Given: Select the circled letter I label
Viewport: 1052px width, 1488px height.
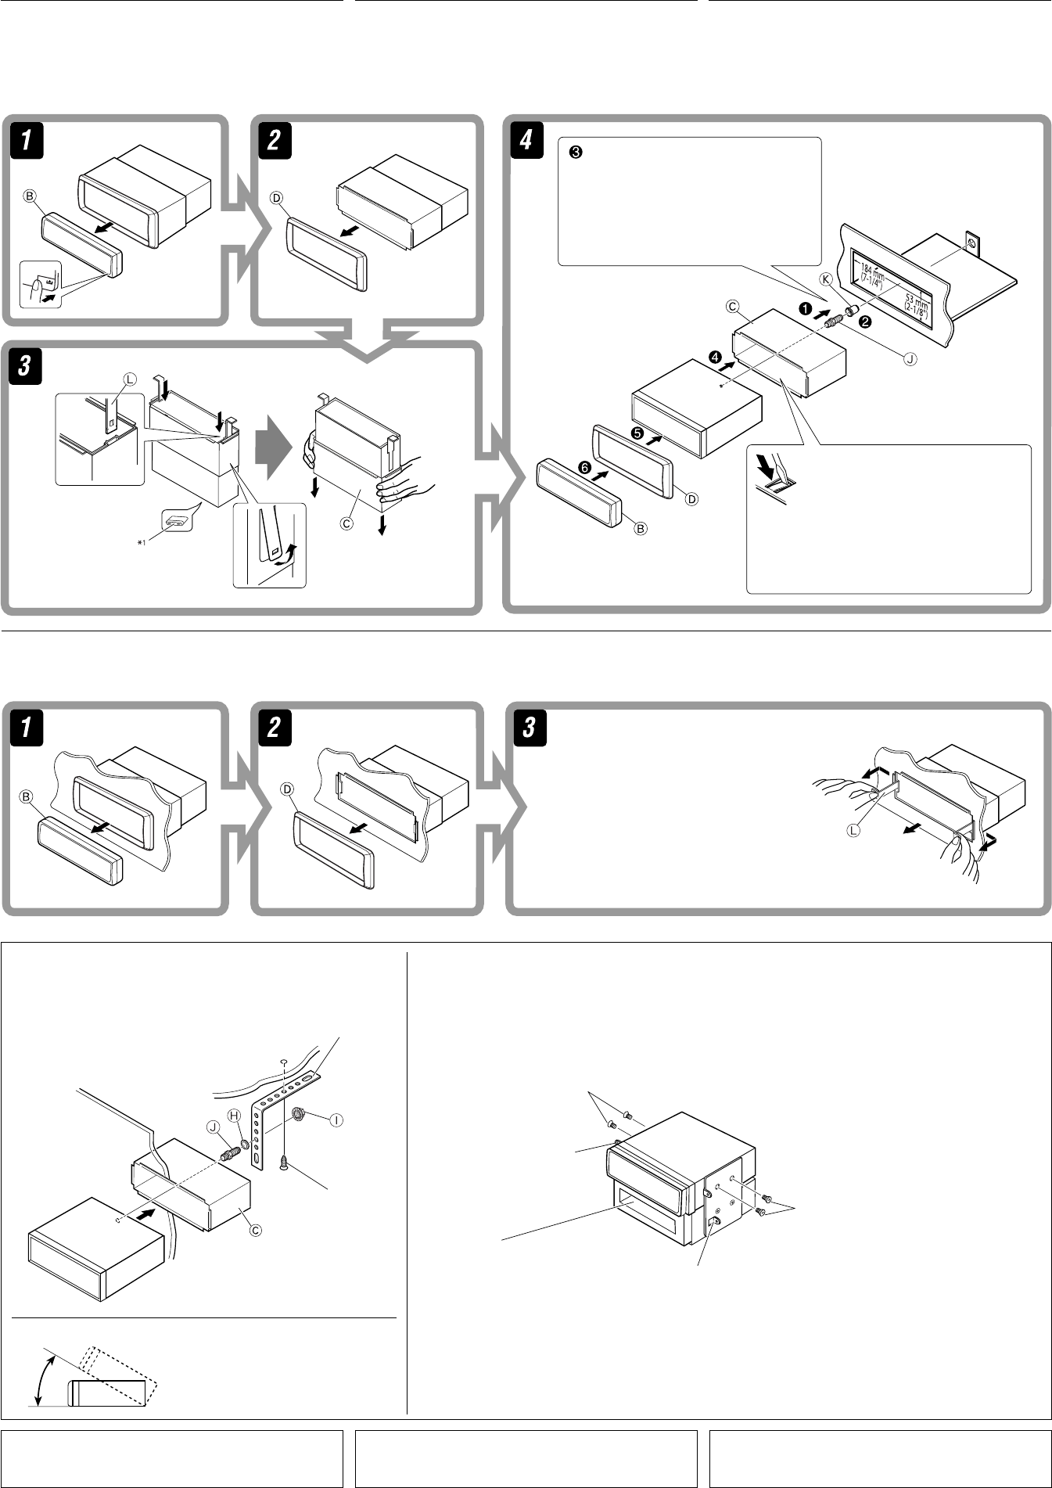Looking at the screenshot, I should [336, 1120].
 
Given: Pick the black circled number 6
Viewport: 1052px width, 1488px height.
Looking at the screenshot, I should [583, 467].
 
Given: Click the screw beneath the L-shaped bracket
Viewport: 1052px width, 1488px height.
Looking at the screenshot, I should [282, 1163].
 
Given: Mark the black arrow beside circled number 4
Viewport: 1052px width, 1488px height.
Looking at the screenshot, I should [727, 364].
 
